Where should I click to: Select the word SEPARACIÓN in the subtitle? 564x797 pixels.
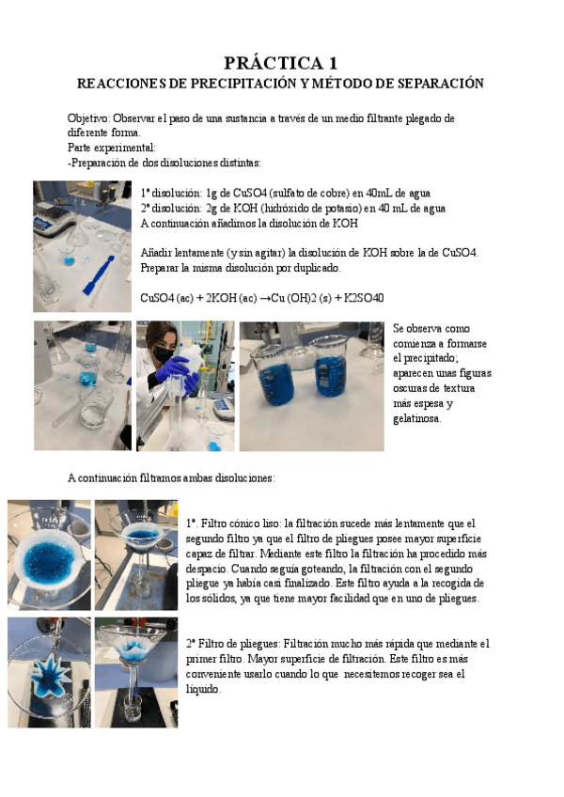(438, 85)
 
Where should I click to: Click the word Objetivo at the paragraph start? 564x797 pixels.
(87, 119)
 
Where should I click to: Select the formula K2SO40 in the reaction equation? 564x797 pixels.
(365, 298)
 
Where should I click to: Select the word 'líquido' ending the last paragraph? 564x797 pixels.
(204, 689)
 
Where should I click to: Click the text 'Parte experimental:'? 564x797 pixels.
(112, 148)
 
